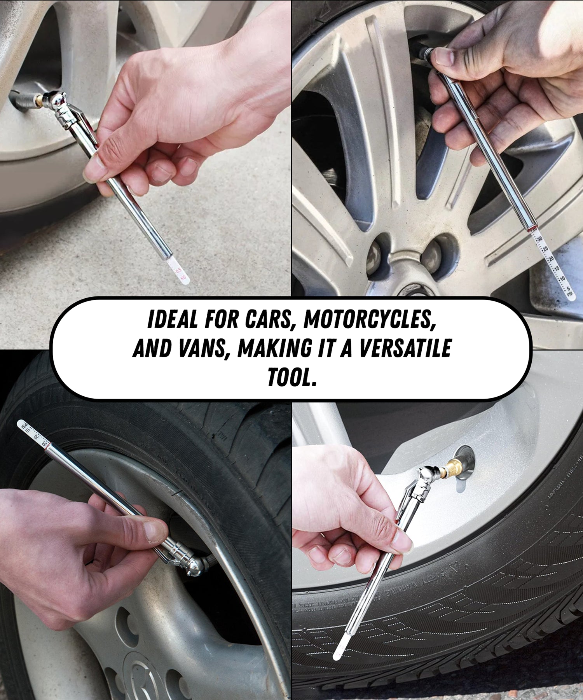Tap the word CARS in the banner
(x=268, y=319)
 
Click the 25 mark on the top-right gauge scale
(x=545, y=249)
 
